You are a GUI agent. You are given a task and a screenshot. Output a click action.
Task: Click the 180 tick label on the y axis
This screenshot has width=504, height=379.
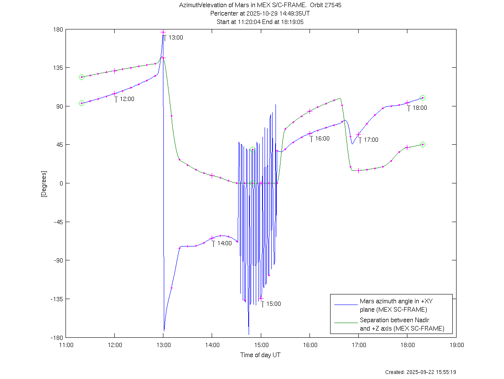pyautogui.click(x=58, y=29)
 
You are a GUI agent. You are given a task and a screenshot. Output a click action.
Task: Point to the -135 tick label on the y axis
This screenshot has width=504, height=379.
pyautogui.click(x=56, y=299)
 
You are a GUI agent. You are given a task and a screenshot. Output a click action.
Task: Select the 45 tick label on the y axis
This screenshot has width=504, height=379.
pyautogui.click(x=59, y=145)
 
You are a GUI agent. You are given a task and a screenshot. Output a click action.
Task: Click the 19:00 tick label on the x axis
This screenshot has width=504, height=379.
pyautogui.click(x=457, y=345)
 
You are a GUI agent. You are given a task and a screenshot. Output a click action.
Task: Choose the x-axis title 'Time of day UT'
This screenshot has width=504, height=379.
pyautogui.click(x=260, y=355)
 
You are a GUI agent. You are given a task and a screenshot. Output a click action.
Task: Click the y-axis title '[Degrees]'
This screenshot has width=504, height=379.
pyautogui.click(x=43, y=183)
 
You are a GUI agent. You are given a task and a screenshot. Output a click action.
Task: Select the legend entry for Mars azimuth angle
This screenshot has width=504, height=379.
pyautogui.click(x=396, y=305)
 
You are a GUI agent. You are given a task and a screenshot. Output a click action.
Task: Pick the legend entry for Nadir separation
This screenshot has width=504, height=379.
pyautogui.click(x=402, y=324)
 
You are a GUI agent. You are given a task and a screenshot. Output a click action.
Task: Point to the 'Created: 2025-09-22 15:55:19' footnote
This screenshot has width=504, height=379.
pyautogui.click(x=421, y=372)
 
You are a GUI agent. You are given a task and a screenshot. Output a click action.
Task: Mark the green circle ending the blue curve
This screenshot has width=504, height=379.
pyautogui.click(x=423, y=98)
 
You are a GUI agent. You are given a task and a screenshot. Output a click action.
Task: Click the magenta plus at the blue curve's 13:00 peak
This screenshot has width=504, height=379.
pyautogui.click(x=163, y=32)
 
